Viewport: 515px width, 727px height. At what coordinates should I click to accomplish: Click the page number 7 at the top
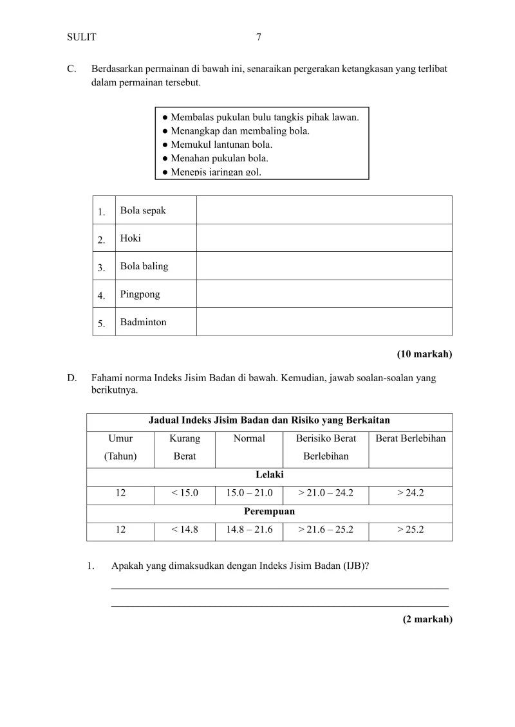(x=258, y=37)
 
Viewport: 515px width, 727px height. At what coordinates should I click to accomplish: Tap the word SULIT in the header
(x=81, y=37)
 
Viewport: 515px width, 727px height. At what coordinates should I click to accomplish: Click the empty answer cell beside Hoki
(x=324, y=238)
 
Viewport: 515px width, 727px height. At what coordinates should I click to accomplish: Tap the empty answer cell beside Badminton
(x=324, y=322)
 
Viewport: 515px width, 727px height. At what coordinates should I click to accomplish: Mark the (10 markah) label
(x=424, y=354)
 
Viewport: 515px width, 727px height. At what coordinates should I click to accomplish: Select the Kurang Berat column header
(x=185, y=447)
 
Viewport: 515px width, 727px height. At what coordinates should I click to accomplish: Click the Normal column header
(x=249, y=439)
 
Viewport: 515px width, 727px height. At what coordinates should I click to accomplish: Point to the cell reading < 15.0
(x=185, y=494)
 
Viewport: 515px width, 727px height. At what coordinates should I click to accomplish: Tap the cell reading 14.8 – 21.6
(x=249, y=530)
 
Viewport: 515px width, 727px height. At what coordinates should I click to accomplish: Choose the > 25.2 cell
(x=410, y=530)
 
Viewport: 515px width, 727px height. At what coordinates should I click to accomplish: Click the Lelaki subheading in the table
(x=269, y=475)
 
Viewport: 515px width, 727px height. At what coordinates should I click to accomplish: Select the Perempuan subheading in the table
(x=269, y=512)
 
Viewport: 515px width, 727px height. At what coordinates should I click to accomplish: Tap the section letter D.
(x=71, y=378)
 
